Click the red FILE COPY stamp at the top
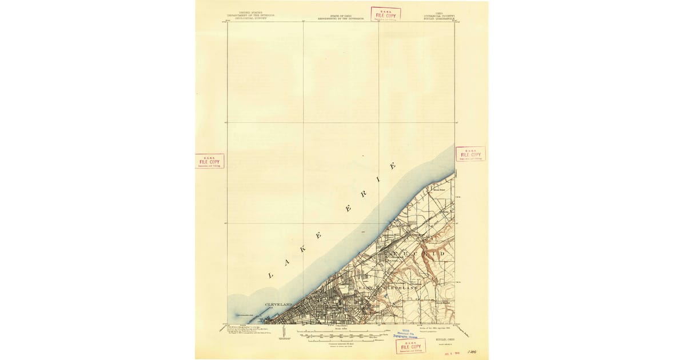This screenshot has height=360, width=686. tap(385, 14)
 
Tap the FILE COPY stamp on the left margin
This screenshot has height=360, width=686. tap(209, 161)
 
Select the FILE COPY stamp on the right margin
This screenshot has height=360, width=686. tap(470, 154)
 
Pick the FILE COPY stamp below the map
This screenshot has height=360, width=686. tap(410, 346)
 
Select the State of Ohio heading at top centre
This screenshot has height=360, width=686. tap(341, 14)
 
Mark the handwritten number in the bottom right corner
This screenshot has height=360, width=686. tap(472, 353)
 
